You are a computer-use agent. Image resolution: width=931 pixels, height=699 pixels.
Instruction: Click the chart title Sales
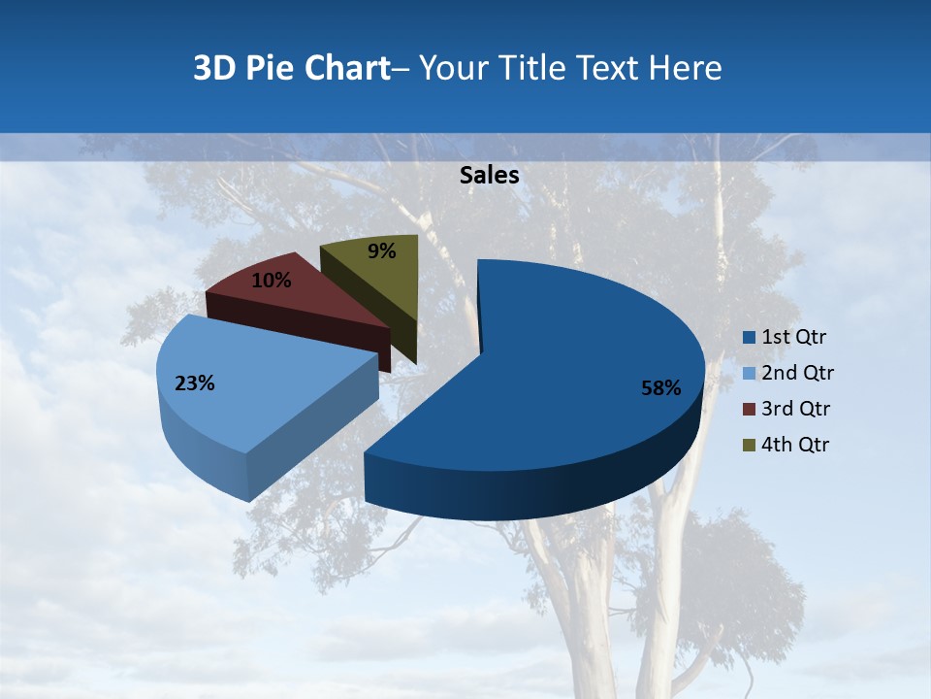click(489, 176)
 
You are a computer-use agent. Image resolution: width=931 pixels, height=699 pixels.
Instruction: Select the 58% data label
click(660, 388)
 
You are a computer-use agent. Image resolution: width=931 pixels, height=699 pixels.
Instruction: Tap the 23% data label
click(194, 383)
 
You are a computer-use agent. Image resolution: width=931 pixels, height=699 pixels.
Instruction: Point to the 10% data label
click(271, 281)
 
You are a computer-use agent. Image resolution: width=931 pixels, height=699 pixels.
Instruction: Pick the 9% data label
click(382, 251)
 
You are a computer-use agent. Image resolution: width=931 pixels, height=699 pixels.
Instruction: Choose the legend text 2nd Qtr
click(797, 373)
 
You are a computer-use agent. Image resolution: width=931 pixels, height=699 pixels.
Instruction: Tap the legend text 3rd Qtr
click(796, 409)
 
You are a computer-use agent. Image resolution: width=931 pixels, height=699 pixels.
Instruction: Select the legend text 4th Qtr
click(795, 445)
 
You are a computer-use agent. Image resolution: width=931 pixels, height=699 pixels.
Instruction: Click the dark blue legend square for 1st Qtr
click(749, 338)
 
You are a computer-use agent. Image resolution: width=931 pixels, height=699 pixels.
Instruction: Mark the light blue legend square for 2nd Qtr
click(749, 374)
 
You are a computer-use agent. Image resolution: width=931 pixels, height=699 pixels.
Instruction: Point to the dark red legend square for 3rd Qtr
click(749, 409)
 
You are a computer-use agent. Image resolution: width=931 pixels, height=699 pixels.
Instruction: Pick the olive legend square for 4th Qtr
click(749, 445)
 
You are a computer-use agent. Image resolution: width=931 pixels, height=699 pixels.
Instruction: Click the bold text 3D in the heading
click(213, 68)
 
